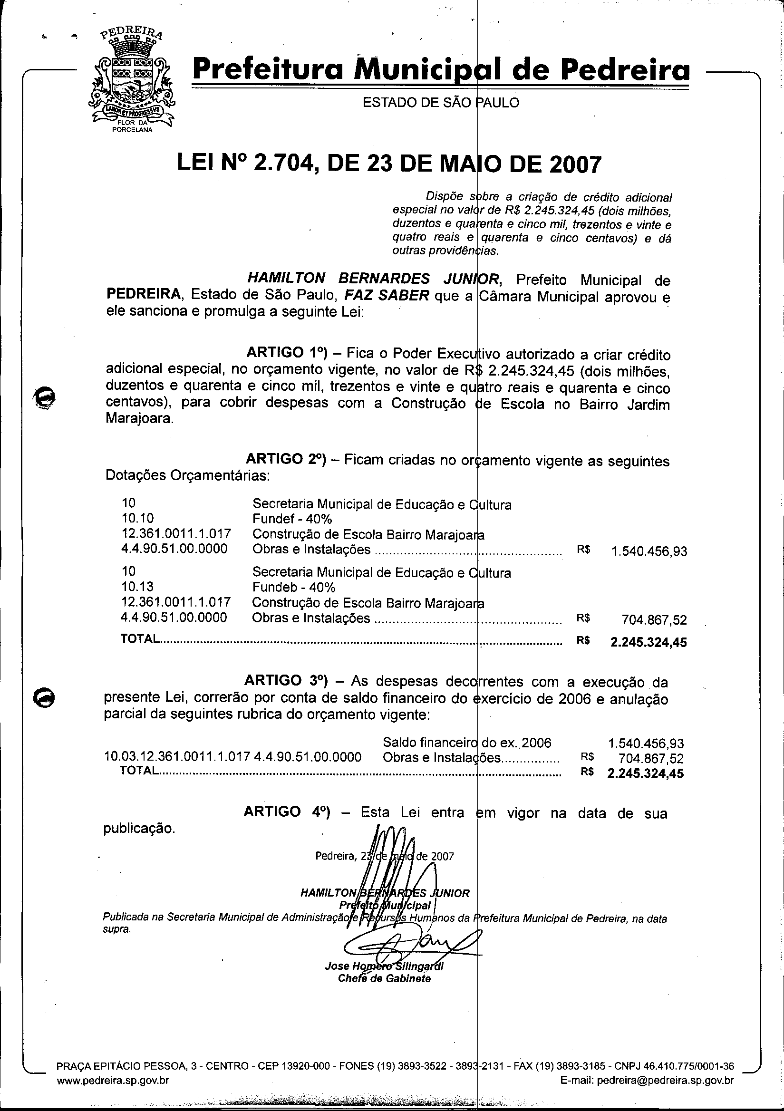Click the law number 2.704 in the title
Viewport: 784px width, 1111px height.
[282, 164]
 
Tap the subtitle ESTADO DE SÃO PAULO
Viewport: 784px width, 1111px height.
[441, 103]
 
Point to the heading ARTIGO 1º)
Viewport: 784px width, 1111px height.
[287, 352]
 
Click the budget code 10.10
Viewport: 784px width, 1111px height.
[138, 518]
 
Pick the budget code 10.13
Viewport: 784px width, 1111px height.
[138, 587]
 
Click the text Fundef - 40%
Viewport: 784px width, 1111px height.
[292, 519]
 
